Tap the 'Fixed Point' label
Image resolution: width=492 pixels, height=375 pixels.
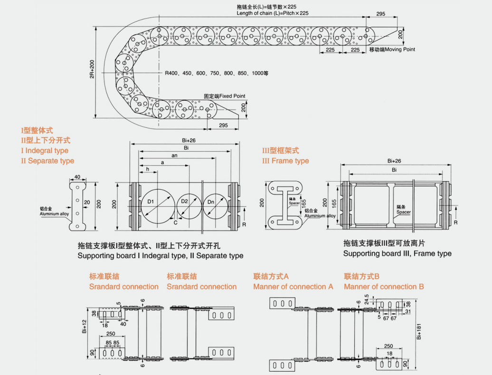[232, 96]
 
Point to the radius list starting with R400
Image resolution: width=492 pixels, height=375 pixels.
[217, 74]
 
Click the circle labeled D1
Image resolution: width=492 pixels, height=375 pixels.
[156, 205]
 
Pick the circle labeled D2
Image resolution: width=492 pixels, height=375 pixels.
[189, 205]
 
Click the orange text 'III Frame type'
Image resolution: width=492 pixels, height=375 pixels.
[285, 161]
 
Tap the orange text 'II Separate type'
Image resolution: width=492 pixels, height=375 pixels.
[47, 161]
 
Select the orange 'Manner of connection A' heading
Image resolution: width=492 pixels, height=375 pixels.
[293, 287]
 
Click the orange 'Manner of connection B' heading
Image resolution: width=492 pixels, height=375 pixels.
[384, 287]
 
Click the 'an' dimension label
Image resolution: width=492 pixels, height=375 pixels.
[174, 155]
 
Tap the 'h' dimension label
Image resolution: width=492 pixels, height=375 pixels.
[147, 169]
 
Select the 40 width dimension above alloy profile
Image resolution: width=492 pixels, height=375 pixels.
[77, 177]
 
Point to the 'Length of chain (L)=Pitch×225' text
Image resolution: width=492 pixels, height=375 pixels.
[273, 13]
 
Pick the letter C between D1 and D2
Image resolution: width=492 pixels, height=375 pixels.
[175, 222]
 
